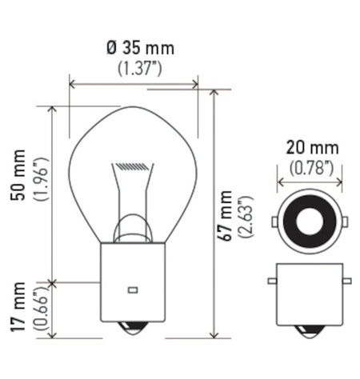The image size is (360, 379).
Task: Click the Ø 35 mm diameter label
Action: pos(134,48)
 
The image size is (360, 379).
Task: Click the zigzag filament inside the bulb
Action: pos(133,166)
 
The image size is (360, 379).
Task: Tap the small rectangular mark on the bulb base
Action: pos(133,289)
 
